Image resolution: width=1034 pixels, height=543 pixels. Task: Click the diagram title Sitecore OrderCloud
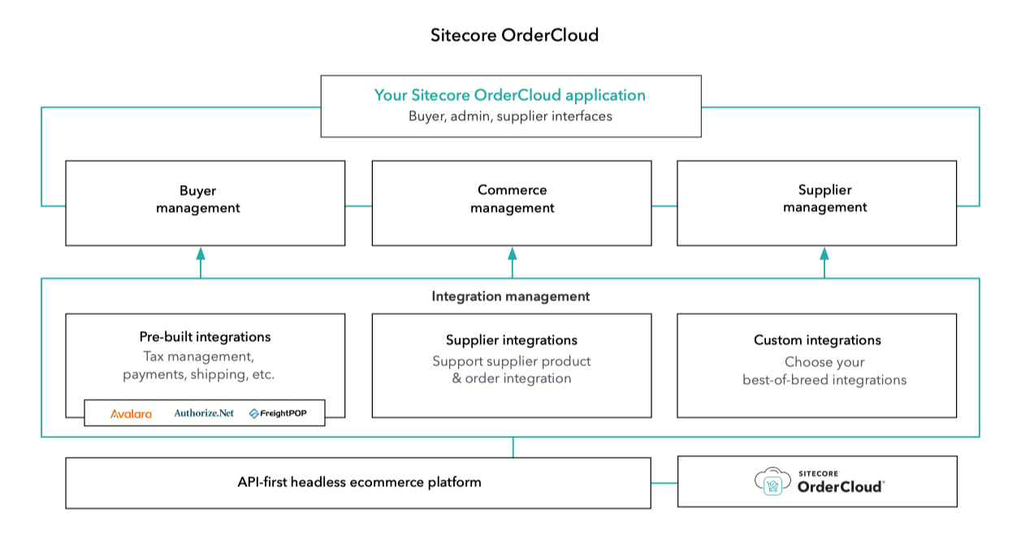[514, 36]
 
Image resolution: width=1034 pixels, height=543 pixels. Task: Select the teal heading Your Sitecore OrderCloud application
[509, 95]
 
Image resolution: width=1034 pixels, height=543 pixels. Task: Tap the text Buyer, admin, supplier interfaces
[509, 116]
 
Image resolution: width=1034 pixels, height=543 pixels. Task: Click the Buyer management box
[205, 202]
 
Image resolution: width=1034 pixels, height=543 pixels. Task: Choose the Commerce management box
[512, 202]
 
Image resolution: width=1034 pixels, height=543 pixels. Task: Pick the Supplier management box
[816, 202]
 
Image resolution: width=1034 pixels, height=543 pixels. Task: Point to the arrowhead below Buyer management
[201, 254]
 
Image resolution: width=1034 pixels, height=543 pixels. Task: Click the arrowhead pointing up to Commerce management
[512, 254]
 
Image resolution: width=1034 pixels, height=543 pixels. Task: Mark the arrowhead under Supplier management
[824, 254]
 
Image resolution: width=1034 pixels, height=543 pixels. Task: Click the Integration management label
[510, 296]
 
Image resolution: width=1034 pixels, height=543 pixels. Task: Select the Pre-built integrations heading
[205, 337]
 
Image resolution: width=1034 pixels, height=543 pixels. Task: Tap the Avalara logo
[131, 414]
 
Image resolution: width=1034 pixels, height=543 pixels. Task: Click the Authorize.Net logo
[203, 413]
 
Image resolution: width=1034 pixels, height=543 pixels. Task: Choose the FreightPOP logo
[278, 414]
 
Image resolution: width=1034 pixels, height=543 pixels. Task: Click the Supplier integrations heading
[511, 340]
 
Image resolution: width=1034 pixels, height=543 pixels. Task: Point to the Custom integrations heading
[817, 340]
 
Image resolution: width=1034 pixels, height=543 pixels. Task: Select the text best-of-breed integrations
[824, 380]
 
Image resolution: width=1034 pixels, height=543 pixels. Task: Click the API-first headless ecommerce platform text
[359, 482]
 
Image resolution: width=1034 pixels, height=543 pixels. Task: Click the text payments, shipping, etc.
[198, 375]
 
